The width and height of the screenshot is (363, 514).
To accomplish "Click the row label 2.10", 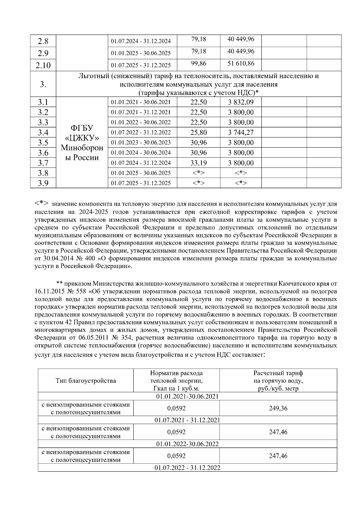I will click(x=43, y=65).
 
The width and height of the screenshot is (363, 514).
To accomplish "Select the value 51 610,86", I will click(x=241, y=64).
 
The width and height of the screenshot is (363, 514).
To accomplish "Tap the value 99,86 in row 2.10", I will click(x=198, y=64).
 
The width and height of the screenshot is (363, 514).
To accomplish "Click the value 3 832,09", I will click(x=241, y=102).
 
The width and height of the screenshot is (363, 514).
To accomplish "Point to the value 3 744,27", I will click(x=241, y=132).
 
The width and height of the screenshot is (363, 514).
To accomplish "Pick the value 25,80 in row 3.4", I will click(x=198, y=132).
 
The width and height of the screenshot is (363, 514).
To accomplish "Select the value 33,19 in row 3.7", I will click(x=198, y=163).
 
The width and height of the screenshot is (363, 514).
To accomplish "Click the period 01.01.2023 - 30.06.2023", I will click(x=141, y=143).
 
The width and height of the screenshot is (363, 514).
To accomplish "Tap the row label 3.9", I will click(x=43, y=183).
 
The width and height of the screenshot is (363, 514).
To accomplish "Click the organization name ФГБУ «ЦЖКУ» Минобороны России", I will click(x=82, y=143).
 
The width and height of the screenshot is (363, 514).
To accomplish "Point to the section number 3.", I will click(x=43, y=84).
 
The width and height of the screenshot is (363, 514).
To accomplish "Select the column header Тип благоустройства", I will click(x=86, y=381).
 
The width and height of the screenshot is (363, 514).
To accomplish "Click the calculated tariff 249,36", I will click(x=278, y=408).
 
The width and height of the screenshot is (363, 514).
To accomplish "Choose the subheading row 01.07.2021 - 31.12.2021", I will click(x=187, y=420).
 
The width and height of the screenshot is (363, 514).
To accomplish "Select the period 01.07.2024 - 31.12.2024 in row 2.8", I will click(x=141, y=41).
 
